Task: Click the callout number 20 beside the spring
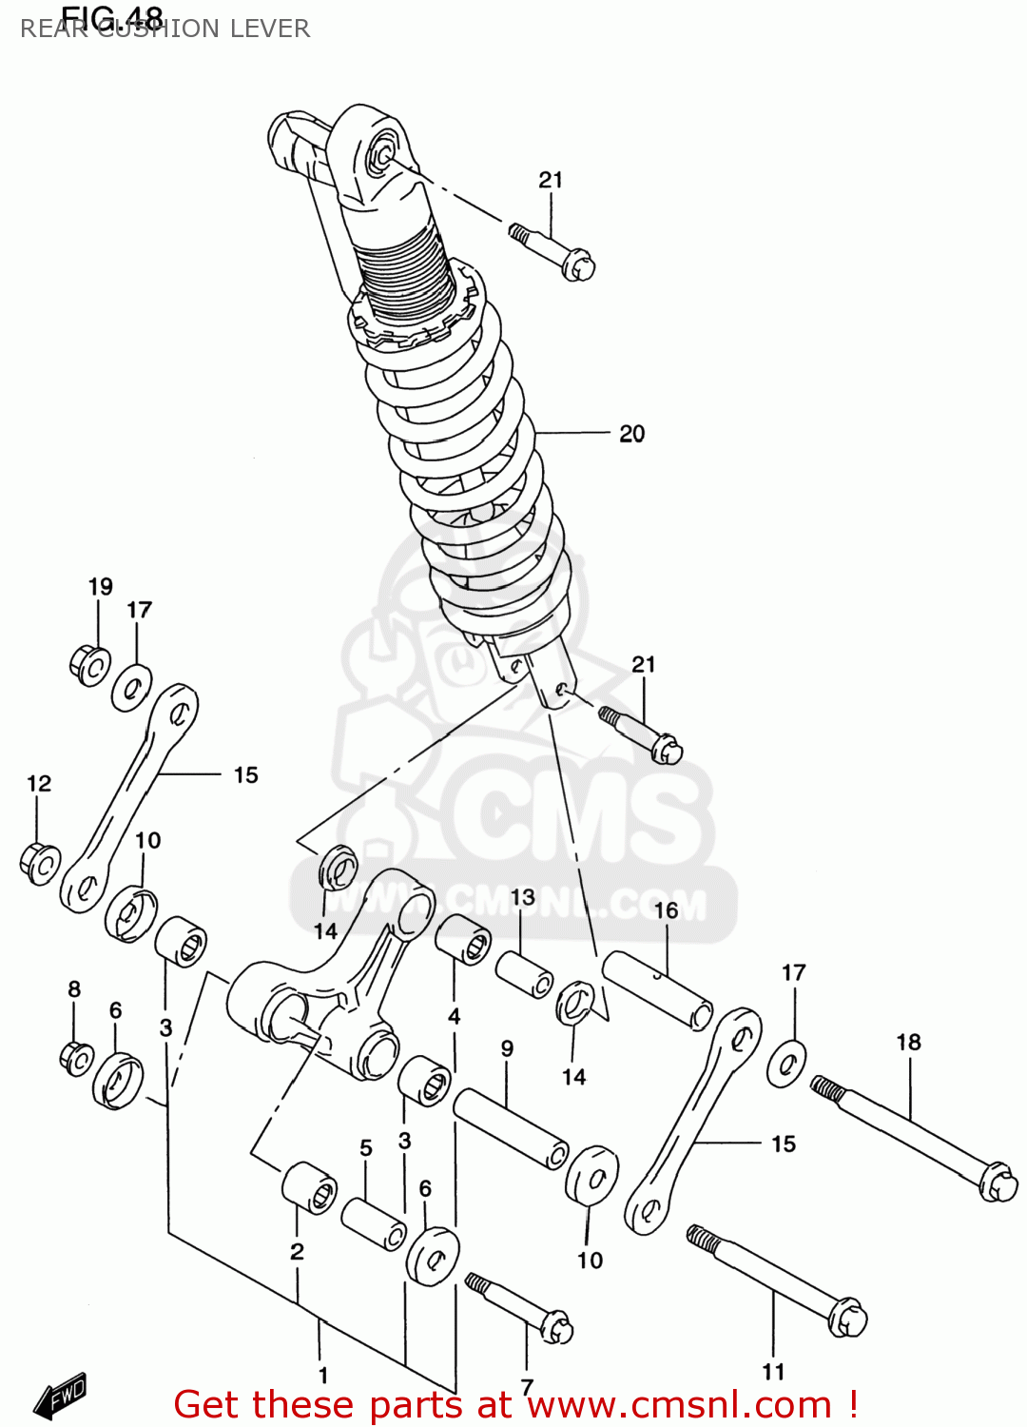[631, 434]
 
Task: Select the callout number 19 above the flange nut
[101, 587]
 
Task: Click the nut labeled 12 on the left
[39, 862]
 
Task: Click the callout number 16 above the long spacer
[666, 910]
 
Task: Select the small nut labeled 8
[76, 1057]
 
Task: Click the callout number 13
[522, 897]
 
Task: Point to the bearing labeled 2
[310, 1187]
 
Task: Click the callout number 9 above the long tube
[507, 1048]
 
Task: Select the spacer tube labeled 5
[374, 1223]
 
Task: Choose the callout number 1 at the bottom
[323, 1375]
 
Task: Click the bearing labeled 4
[463, 939]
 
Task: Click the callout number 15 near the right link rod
[783, 1144]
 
